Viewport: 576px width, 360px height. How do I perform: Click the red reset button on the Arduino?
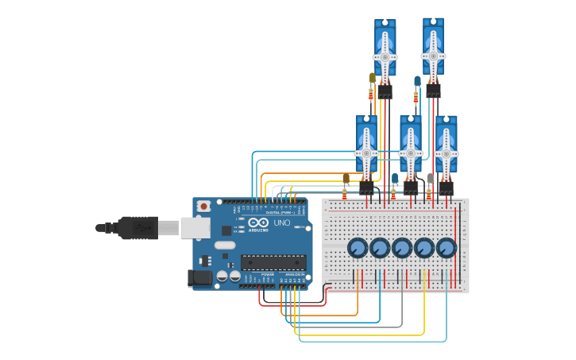pyautogui.click(x=203, y=206)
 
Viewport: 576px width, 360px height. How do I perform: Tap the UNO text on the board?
pyautogui.click(x=282, y=223)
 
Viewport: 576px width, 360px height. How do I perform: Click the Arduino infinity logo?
pyautogui.click(x=259, y=223)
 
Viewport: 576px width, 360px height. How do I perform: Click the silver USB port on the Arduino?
pyautogui.click(x=194, y=228)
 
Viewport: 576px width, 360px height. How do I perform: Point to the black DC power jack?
pyautogui.click(x=199, y=278)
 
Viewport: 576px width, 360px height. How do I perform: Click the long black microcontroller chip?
pyautogui.click(x=273, y=261)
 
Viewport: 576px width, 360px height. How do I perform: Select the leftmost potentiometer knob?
pyautogui.click(x=358, y=249)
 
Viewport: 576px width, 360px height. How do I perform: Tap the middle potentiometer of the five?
pyautogui.click(x=402, y=249)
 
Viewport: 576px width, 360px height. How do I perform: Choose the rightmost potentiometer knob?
pyautogui.click(x=446, y=249)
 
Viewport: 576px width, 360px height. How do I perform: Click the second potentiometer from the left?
pyautogui.click(x=380, y=249)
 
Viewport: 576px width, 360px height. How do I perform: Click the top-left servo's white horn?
pyautogui.click(x=385, y=56)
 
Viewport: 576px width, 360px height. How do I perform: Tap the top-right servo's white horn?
pyautogui.click(x=433, y=56)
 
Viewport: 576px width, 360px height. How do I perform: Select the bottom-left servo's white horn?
pyautogui.click(x=366, y=153)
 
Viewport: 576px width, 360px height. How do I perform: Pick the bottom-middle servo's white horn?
pyautogui.click(x=410, y=153)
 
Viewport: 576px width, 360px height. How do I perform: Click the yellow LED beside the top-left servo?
pyautogui.click(x=373, y=78)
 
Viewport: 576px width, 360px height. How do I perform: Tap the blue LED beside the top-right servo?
pyautogui.click(x=417, y=80)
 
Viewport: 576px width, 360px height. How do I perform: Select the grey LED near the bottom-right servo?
pyautogui.click(x=430, y=178)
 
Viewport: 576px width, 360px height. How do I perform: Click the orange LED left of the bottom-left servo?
pyautogui.click(x=346, y=178)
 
